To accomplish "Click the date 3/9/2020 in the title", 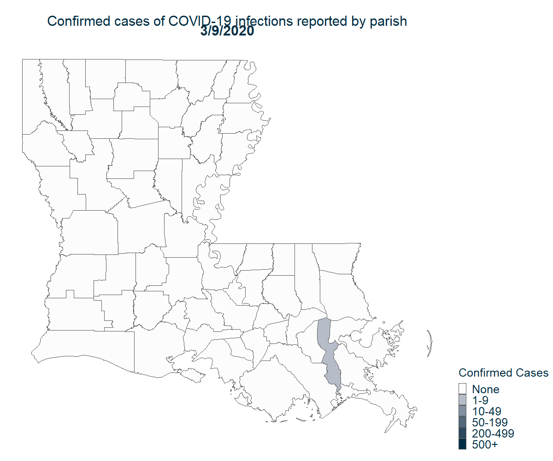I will point(227,32).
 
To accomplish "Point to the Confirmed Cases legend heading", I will point(503,372).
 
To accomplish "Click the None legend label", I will point(486,389).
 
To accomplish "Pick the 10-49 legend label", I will point(487,411).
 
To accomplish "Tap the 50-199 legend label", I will point(490,422).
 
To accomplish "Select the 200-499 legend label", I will point(493,433).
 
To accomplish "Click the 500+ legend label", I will point(485,444).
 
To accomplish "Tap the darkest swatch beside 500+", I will point(463,444).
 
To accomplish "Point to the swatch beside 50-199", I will point(463,422).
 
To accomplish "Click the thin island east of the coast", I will point(429,343).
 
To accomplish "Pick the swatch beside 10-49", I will point(463,411).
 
